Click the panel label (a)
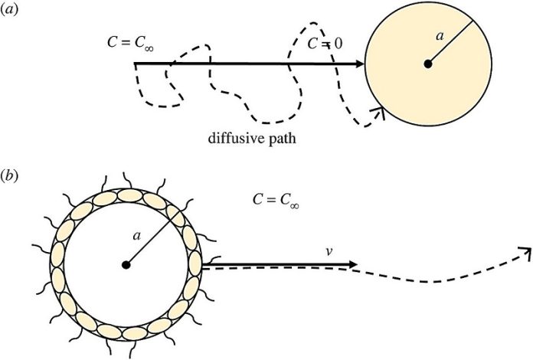click(x=8, y=9)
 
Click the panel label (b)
click(x=9, y=176)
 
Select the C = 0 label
click(x=325, y=44)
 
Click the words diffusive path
click(x=252, y=139)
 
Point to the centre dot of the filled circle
click(x=428, y=64)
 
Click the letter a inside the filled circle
click(x=440, y=36)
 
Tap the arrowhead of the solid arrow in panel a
click(x=360, y=64)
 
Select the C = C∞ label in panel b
click(x=276, y=200)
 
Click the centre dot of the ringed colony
click(x=126, y=265)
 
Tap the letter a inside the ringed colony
click(x=136, y=236)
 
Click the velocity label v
click(x=329, y=252)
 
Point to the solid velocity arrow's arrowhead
click(x=352, y=264)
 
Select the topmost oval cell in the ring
click(x=130, y=195)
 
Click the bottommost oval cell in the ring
click(x=135, y=333)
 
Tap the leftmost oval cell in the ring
click(x=57, y=254)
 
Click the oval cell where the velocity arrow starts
click(x=195, y=263)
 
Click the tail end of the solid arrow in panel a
click(x=135, y=64)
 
